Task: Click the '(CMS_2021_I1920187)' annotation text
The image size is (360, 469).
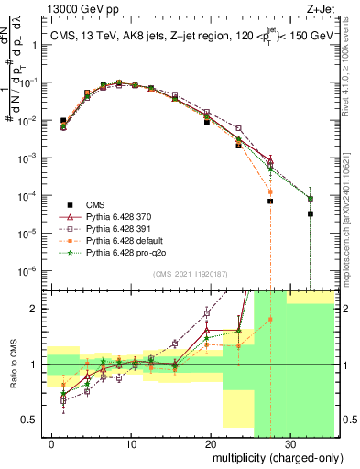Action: click(190, 273)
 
